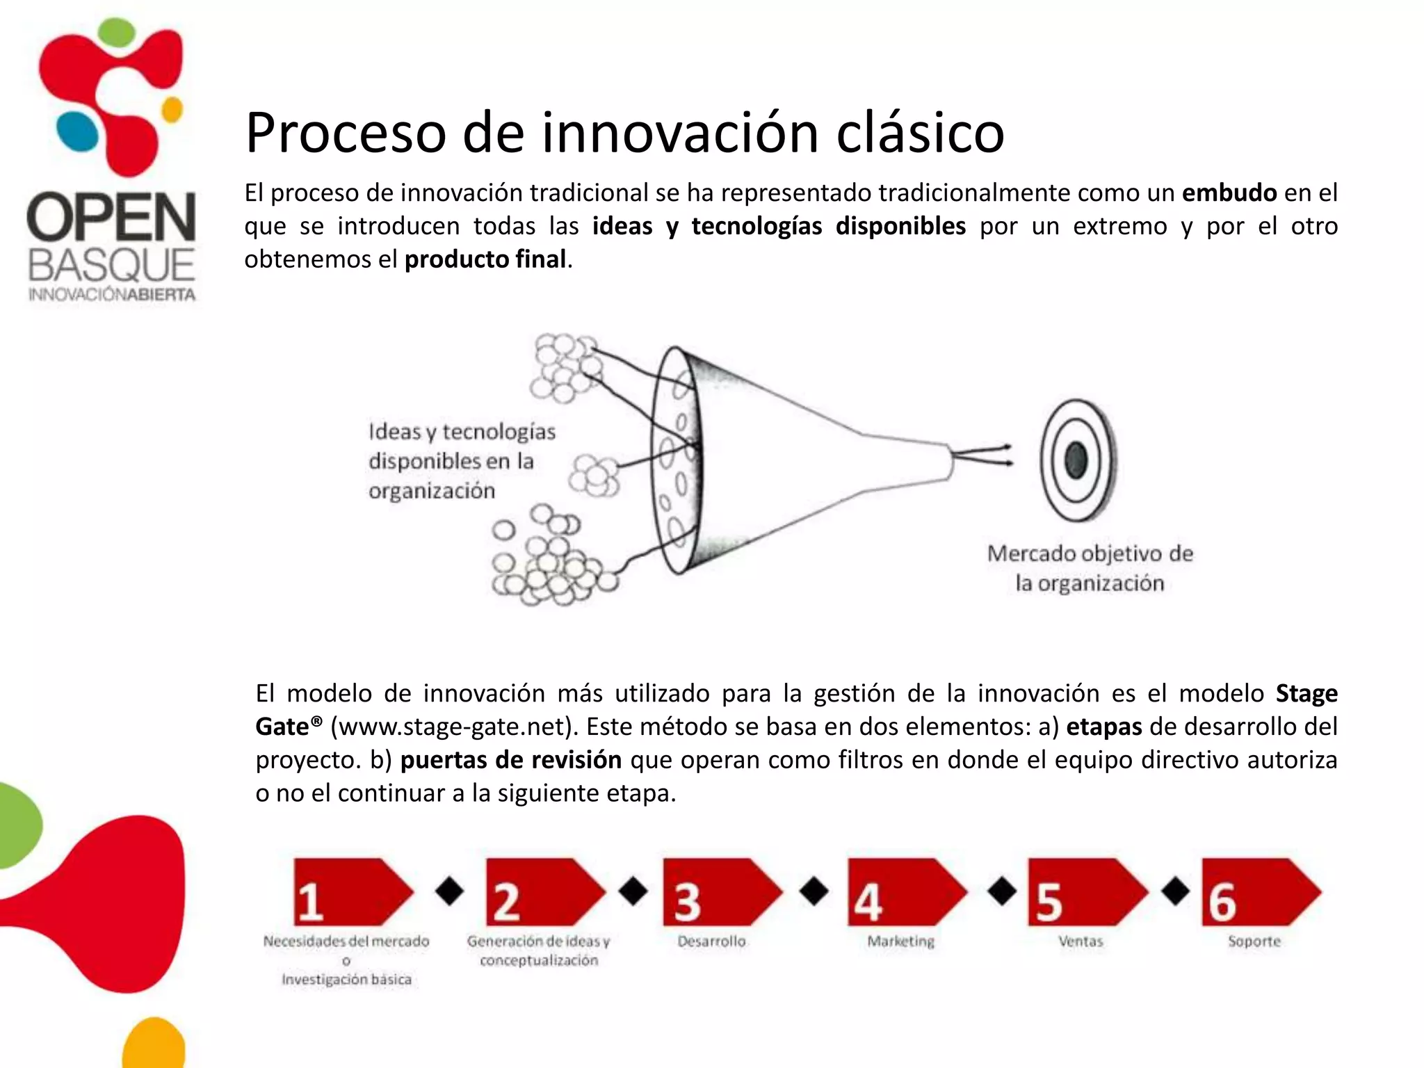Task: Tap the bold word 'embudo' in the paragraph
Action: [1229, 193]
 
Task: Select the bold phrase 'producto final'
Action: [485, 259]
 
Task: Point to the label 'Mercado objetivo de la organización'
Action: [1090, 568]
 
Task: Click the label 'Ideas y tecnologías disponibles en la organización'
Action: [461, 461]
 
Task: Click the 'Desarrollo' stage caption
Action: [711, 941]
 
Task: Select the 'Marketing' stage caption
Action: [900, 941]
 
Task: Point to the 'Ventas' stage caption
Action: [1081, 941]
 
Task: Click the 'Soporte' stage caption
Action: [1254, 941]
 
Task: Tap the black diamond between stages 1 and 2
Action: [450, 891]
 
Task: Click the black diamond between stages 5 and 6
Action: [1176, 891]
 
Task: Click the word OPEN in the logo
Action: [111, 218]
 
